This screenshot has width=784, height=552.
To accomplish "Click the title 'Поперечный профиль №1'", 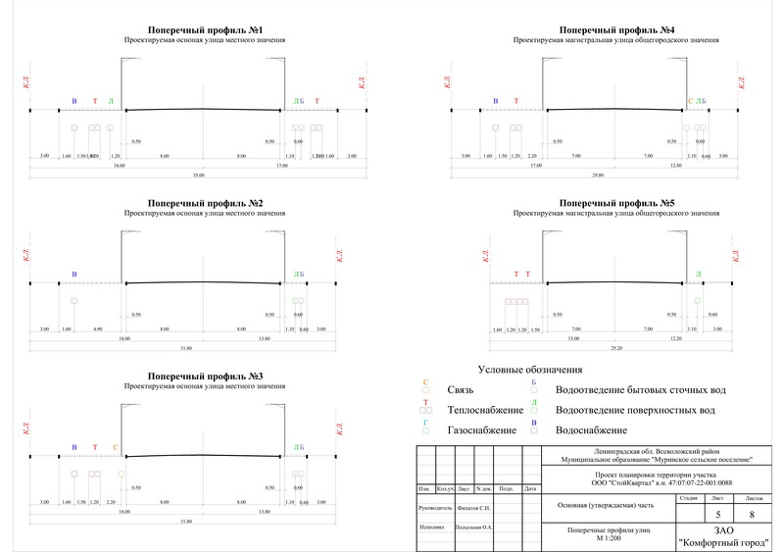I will [x=204, y=31].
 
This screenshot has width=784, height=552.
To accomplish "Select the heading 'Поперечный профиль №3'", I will [x=204, y=376].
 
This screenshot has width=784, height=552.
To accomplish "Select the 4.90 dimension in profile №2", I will [x=97, y=328].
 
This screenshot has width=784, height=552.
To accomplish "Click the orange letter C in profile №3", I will [x=115, y=447].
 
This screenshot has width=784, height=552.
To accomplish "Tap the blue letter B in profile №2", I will [x=73, y=274].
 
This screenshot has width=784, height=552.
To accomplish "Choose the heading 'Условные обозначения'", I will [x=530, y=370].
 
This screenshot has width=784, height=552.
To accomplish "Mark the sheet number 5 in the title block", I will [x=718, y=515].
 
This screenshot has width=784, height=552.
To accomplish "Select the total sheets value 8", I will [x=752, y=515].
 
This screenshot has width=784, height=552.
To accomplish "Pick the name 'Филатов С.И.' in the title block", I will [x=474, y=508].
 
